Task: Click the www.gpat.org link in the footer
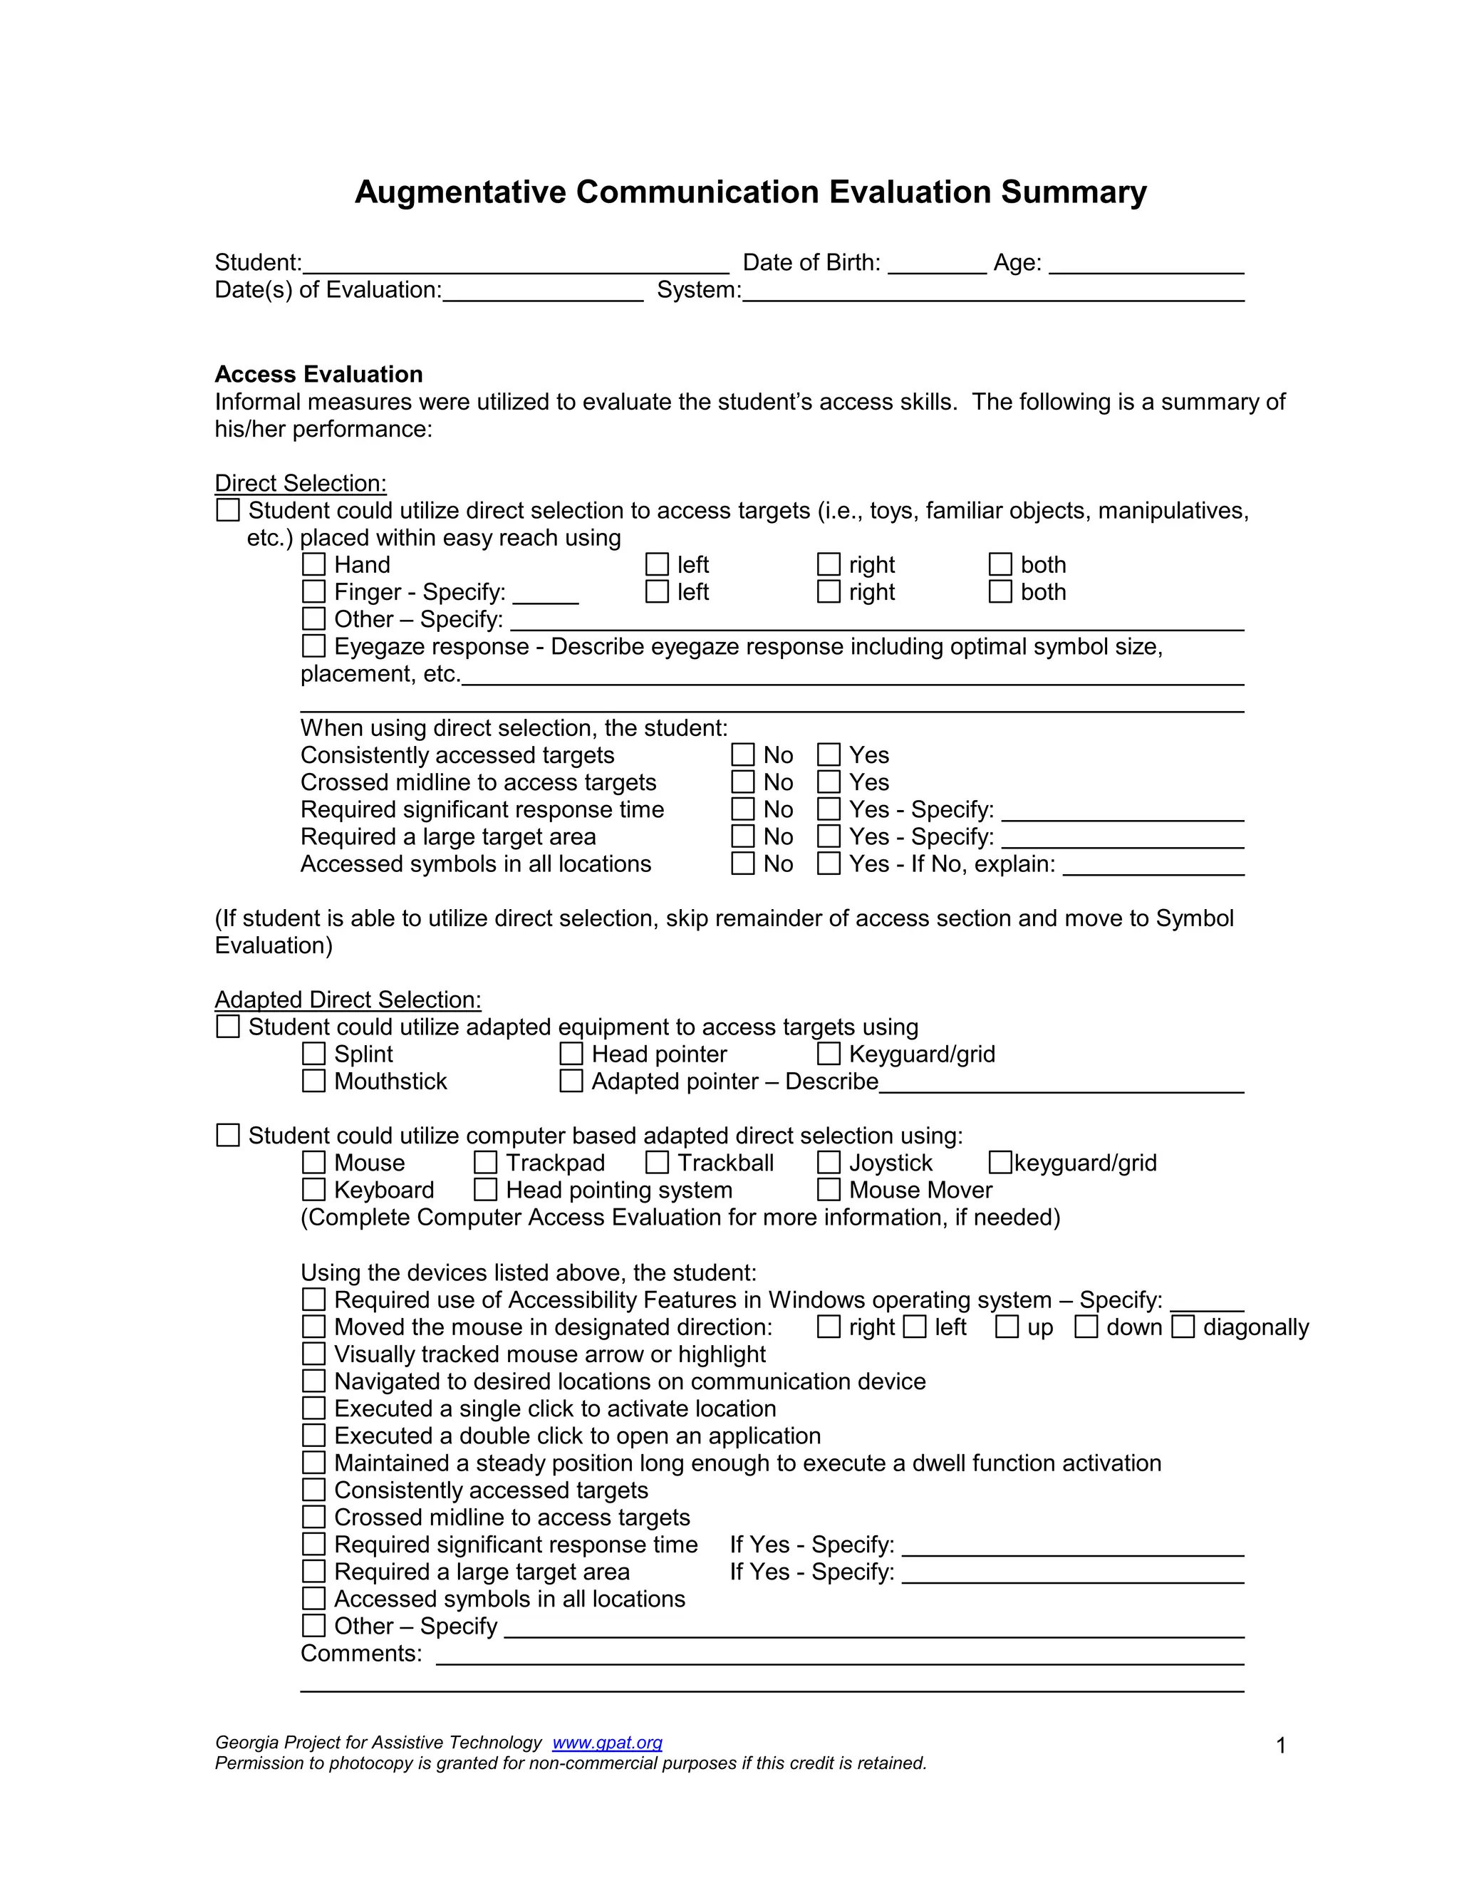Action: tap(607, 1743)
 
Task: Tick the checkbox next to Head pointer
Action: tap(571, 1054)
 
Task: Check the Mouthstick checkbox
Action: tap(313, 1081)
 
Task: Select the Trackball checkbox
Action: tap(657, 1163)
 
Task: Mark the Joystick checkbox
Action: tap(829, 1163)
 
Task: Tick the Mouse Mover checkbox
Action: tap(829, 1190)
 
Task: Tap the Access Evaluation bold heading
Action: tap(319, 374)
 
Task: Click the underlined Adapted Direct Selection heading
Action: tap(348, 1000)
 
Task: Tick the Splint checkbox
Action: tap(313, 1054)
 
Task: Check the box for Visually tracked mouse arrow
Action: tap(313, 1354)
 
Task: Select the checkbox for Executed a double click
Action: tap(313, 1435)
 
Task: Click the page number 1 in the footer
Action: tap(1281, 1746)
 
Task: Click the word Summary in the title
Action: tap(1074, 192)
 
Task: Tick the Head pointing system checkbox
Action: tap(486, 1190)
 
